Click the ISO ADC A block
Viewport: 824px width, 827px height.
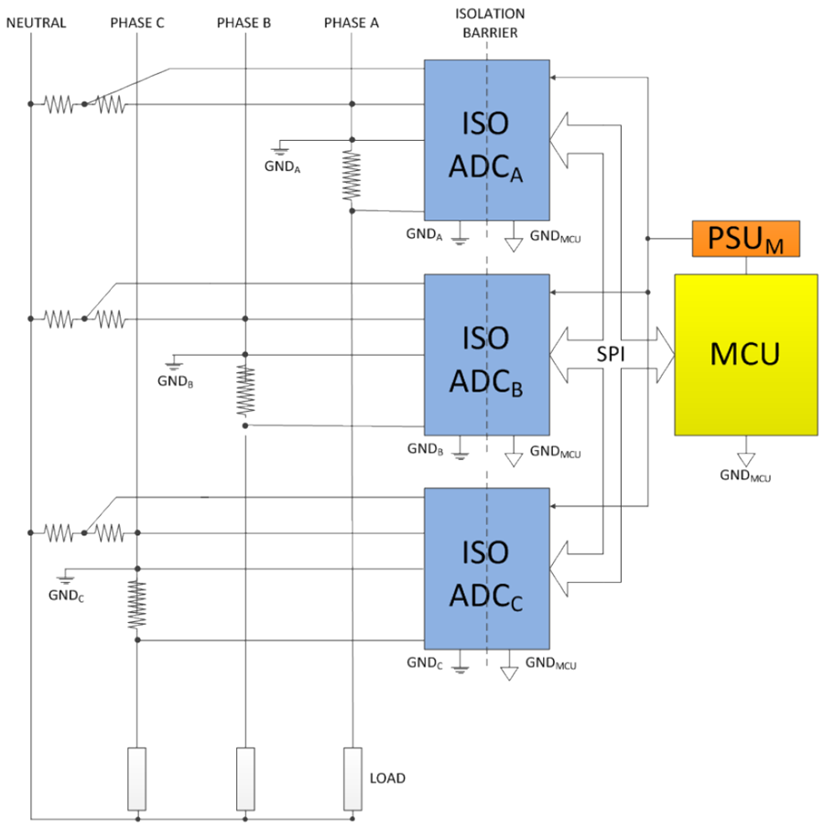pos(487,140)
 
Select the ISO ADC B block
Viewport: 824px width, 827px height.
pos(487,354)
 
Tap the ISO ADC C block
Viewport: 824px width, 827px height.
pos(487,569)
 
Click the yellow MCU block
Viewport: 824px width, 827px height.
pos(746,354)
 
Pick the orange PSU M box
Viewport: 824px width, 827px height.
pos(746,239)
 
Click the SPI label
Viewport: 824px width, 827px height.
pos(611,354)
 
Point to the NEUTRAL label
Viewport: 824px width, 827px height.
pos(36,23)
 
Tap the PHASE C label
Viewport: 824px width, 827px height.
pos(137,23)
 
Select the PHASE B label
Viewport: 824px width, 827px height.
pos(244,23)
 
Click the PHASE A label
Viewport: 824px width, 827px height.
pos(352,23)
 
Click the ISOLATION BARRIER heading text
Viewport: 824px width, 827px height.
pos(490,23)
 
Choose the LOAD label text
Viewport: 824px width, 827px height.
pos(387,779)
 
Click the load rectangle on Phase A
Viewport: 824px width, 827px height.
pos(352,779)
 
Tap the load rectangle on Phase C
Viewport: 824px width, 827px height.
pos(137,779)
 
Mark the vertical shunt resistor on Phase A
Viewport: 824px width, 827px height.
pos(352,176)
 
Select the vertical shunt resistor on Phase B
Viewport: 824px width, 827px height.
pos(245,391)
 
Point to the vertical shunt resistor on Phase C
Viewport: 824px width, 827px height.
pos(137,605)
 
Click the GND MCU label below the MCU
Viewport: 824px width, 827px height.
pos(745,476)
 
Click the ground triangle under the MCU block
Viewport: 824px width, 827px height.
pos(746,459)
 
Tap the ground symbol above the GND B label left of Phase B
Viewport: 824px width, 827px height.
pos(173,364)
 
